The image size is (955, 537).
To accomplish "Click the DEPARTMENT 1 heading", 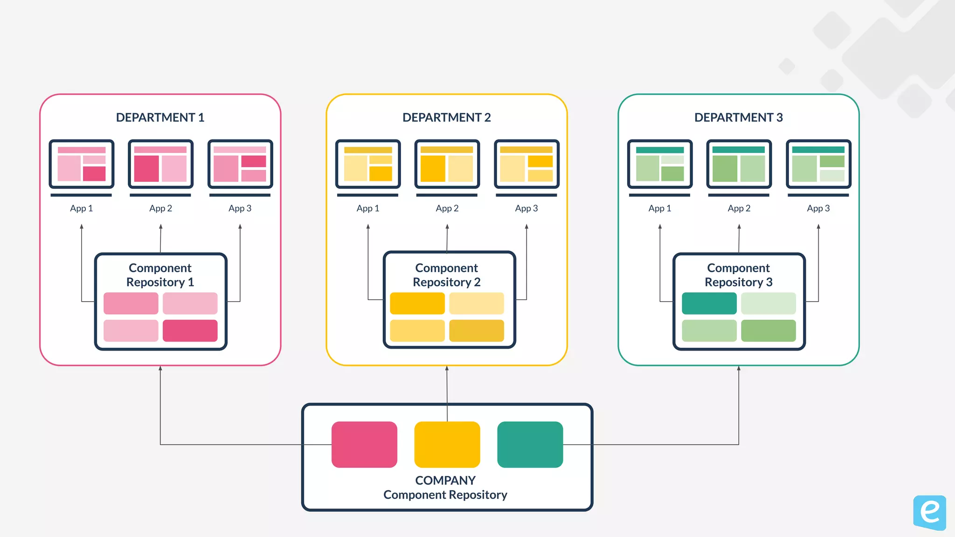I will coord(160,117).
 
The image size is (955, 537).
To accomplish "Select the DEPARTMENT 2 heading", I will coord(446,117).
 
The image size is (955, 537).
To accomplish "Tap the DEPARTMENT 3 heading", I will coord(738,117).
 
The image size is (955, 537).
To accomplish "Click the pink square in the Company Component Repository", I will coord(364,444).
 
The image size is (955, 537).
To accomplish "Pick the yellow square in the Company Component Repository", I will coord(447,444).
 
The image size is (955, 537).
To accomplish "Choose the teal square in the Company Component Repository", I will coord(530,444).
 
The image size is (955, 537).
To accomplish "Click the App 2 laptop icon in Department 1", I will coord(160,167).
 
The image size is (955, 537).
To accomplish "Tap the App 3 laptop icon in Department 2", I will coord(526,167).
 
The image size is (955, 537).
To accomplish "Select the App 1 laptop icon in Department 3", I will coord(659,167).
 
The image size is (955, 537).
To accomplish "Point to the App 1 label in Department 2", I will coord(367,208).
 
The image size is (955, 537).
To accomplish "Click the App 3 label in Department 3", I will coord(818,208).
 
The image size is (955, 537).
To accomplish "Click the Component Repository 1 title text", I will coord(160,275).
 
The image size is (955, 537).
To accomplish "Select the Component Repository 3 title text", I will coord(738,275).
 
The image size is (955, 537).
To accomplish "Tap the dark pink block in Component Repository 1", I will coord(190,330).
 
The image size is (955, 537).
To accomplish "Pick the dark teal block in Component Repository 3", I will coord(709,303).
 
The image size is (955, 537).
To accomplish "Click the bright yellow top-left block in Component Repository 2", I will coord(417,303).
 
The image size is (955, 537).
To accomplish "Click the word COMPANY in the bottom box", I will coord(445,480).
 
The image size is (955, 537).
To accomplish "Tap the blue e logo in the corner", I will coord(929,512).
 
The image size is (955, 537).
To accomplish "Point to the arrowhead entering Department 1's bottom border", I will coord(160,368).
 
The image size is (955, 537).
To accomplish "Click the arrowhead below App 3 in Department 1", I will coord(240,227).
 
